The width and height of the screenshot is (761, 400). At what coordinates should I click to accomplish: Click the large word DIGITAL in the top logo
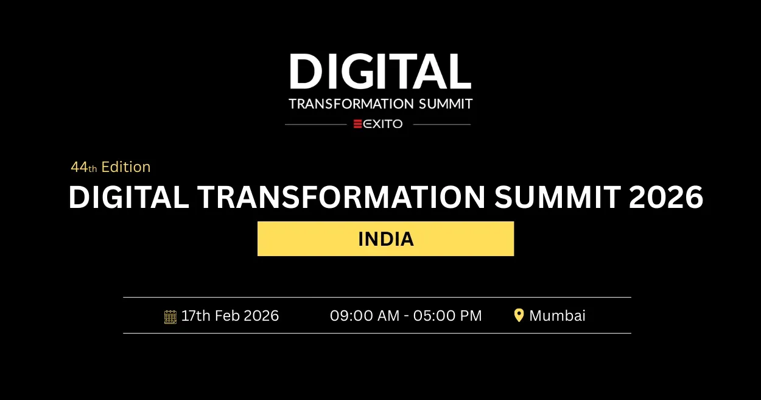coord(380,72)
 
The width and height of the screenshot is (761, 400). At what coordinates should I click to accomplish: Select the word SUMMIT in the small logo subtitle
coord(446,104)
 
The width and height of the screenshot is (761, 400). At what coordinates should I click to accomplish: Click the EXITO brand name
coord(383,124)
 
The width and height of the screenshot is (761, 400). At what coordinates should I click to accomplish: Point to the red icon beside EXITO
coord(358,124)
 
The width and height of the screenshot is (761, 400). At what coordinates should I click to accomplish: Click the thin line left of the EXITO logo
coord(315,124)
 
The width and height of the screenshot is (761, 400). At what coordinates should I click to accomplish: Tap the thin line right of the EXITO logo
coord(441,124)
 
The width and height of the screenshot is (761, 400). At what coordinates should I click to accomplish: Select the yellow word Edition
coord(126,167)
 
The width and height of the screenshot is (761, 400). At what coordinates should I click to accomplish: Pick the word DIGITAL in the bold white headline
coord(128,198)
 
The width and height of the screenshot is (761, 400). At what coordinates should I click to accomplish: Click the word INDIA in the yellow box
coord(386,239)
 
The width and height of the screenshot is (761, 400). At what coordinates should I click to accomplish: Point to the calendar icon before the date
coord(170,316)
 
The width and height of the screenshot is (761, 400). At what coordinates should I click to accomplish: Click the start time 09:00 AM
coord(364,316)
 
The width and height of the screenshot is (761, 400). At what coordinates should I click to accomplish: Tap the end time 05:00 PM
coord(447,316)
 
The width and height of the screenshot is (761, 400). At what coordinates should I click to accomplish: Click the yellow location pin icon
coord(519,315)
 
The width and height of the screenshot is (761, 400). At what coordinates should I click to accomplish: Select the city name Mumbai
coord(557,316)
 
